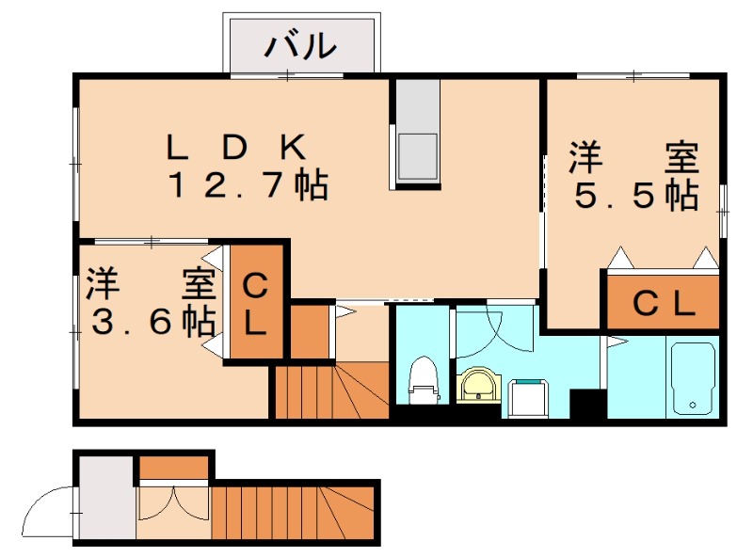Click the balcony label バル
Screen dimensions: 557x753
click(300, 44)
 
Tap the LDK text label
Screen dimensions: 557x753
click(236, 146)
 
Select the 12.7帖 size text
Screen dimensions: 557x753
click(247, 185)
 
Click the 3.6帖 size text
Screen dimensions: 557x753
click(151, 323)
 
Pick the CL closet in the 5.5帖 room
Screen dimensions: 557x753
click(663, 303)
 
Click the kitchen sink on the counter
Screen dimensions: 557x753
click(416, 155)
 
